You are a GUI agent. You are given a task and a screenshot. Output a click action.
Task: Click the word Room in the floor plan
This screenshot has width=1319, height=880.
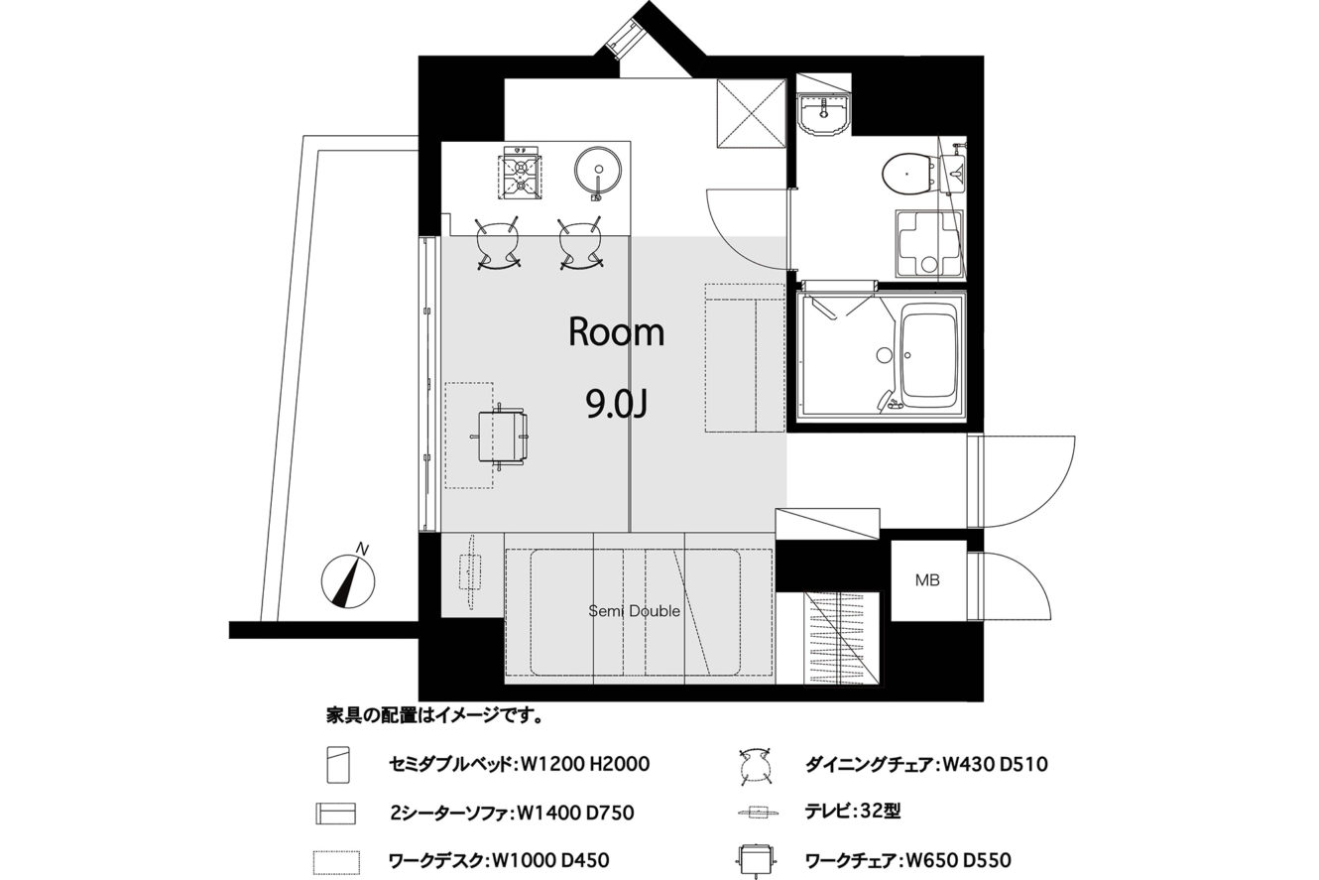point(616,331)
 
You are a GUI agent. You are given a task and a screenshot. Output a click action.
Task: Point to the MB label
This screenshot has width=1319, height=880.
point(927,580)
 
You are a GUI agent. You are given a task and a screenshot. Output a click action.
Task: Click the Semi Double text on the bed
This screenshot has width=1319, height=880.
point(634,611)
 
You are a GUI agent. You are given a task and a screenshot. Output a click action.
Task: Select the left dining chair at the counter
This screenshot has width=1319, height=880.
point(498,244)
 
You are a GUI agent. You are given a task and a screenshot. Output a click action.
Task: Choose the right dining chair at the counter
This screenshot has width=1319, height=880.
point(580,244)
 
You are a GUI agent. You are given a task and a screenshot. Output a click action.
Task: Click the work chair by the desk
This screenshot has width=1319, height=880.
point(501,437)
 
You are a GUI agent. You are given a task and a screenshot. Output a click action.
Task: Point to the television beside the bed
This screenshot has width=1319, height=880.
point(470,572)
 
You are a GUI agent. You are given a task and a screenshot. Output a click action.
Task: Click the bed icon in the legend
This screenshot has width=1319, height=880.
point(338,765)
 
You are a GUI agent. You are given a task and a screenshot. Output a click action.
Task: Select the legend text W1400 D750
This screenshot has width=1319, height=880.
point(575,813)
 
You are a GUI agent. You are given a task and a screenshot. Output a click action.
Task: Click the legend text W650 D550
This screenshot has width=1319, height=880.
point(958,860)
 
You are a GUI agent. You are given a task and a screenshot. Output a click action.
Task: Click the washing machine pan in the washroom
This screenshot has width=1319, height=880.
point(929,243)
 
